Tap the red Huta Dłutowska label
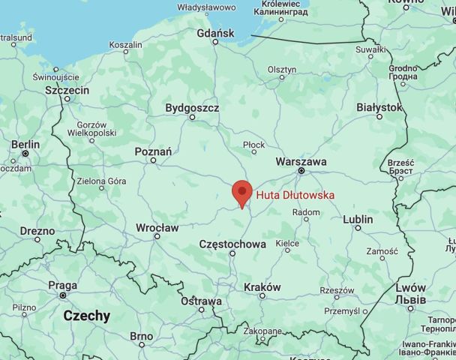click(295, 195)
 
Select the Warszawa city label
click(301, 161)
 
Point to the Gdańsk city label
click(214, 34)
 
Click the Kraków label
click(262, 287)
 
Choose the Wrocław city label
click(157, 227)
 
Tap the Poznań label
click(153, 151)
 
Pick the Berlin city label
click(25, 144)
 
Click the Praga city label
click(62, 286)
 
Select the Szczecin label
click(67, 90)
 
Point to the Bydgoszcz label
click(193, 108)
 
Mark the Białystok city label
click(379, 108)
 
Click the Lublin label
click(357, 220)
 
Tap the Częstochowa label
click(232, 244)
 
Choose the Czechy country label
click(86, 316)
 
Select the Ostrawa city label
click(201, 301)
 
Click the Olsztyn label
click(282, 69)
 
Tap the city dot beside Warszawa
click(301, 171)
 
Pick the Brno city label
click(141, 337)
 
